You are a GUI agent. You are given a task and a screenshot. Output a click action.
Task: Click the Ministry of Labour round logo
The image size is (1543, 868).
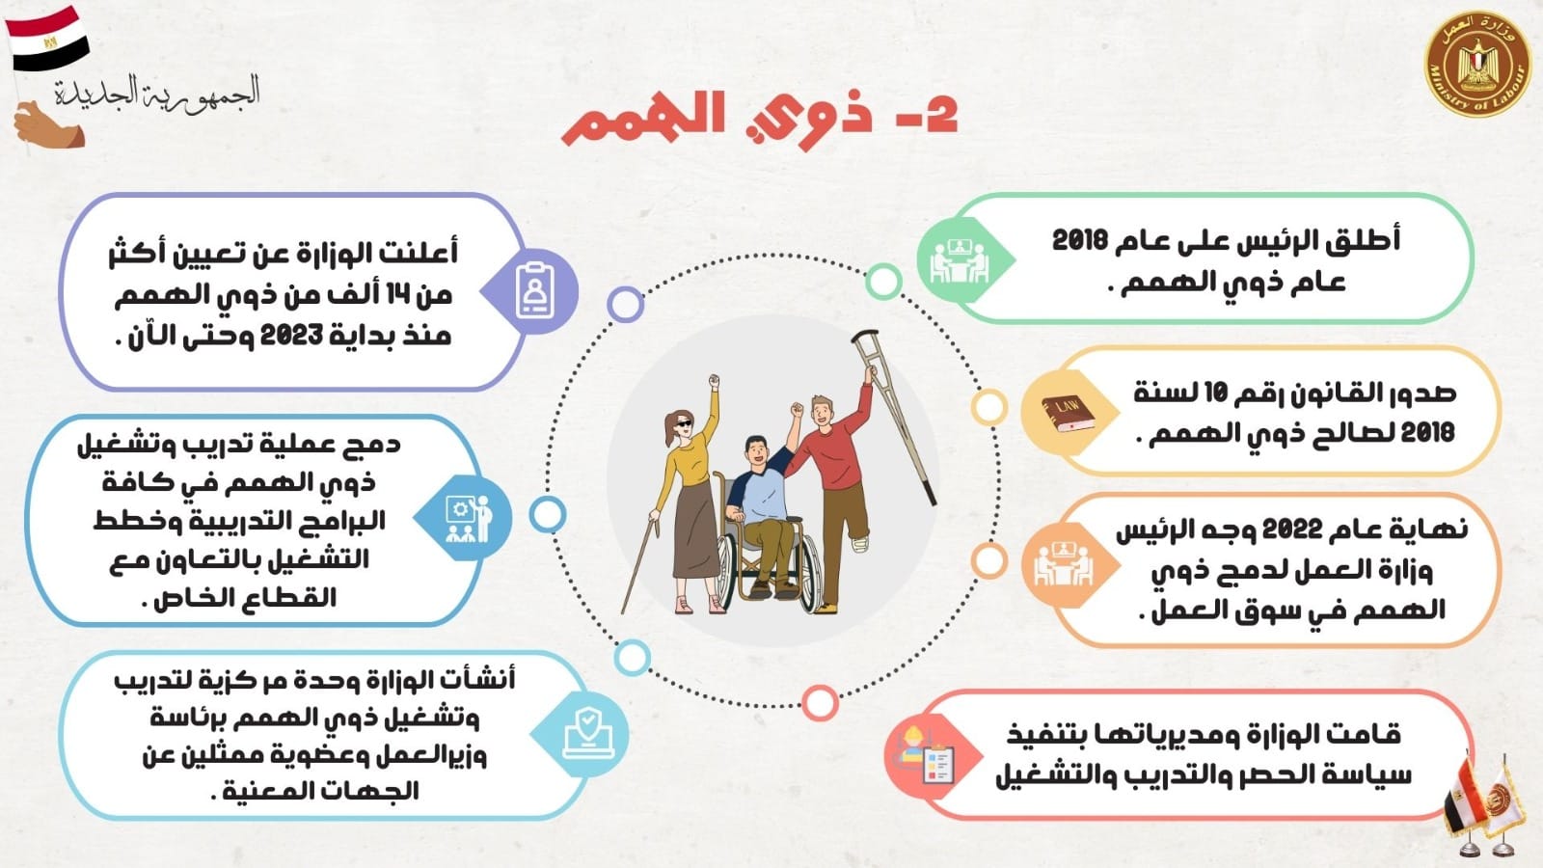click(x=1477, y=64)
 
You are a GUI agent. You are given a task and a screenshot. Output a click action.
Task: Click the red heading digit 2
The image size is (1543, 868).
click(x=936, y=116)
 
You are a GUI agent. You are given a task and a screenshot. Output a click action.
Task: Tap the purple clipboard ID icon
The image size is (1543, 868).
click(x=534, y=290)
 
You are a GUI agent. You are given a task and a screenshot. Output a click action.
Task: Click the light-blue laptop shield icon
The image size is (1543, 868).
click(x=587, y=735)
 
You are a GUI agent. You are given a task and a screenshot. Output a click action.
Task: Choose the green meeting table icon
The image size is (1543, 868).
click(x=959, y=259)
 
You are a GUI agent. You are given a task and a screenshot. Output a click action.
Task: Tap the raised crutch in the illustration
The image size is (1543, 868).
click(x=893, y=417)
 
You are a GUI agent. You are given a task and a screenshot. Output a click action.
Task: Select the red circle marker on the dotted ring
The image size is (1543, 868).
click(x=820, y=703)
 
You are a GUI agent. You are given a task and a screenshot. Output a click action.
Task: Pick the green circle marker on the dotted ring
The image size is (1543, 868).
click(x=883, y=281)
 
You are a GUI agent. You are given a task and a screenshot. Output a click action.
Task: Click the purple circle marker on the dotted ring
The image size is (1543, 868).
click(x=626, y=305)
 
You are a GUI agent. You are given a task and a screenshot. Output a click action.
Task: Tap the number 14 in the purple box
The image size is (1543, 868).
click(x=421, y=296)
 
